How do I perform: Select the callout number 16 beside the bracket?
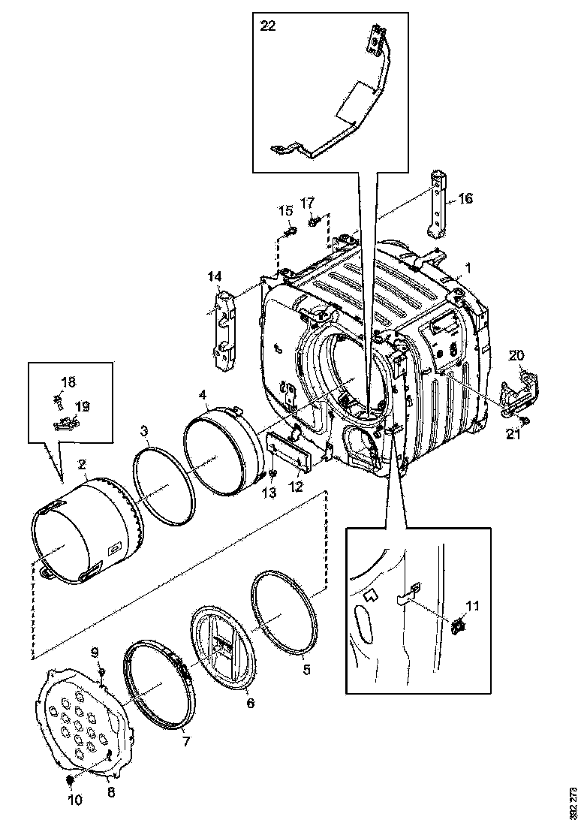[466, 198]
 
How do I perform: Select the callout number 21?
[513, 433]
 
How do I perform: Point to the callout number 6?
[251, 704]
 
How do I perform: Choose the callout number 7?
[185, 741]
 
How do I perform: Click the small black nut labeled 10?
[70, 782]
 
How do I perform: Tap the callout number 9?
[95, 650]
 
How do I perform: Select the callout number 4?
[203, 393]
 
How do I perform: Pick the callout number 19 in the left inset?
[83, 406]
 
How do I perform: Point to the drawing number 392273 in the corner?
[575, 802]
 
